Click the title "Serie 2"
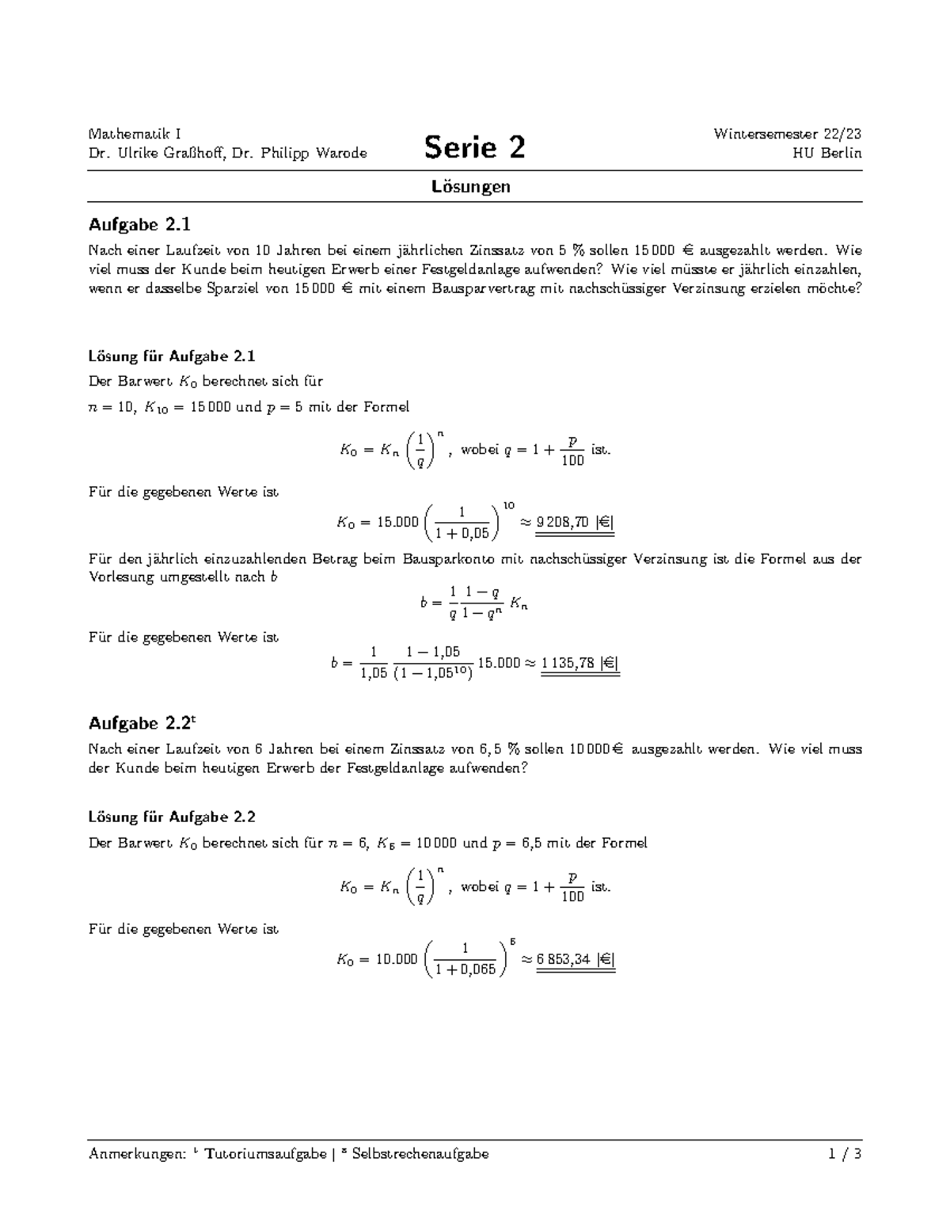click(474, 147)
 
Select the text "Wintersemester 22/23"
click(787, 133)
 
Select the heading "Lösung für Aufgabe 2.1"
click(172, 356)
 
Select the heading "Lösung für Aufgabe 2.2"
click(172, 817)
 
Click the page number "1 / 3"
click(845, 1154)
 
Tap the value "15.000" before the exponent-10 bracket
click(397, 522)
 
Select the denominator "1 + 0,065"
click(465, 969)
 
